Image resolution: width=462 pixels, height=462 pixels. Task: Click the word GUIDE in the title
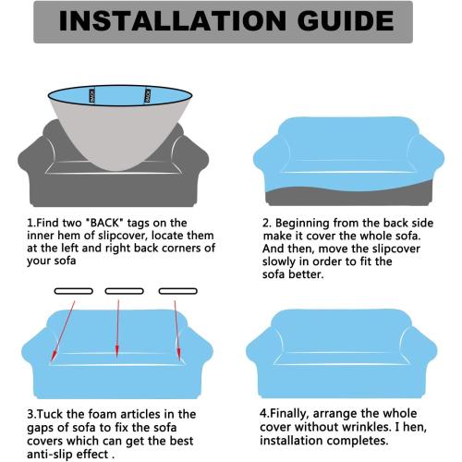(x=346, y=20)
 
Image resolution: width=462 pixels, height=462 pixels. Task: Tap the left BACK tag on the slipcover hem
(x=91, y=95)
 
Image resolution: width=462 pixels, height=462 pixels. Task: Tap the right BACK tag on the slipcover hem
(x=147, y=95)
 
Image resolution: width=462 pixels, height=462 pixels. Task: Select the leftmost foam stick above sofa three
(x=74, y=291)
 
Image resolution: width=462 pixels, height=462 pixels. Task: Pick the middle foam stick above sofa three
(x=125, y=291)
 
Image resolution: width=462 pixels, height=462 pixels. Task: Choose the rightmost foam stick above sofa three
(x=178, y=291)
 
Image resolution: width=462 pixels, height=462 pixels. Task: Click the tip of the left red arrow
(x=52, y=360)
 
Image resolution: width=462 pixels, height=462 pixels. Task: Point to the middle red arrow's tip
(x=117, y=358)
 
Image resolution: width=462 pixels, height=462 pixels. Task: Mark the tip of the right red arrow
(x=179, y=359)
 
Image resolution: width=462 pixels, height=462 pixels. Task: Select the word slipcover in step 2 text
(x=396, y=249)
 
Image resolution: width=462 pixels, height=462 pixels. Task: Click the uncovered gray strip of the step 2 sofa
(x=348, y=197)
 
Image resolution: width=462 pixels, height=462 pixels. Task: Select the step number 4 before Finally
(x=263, y=413)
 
